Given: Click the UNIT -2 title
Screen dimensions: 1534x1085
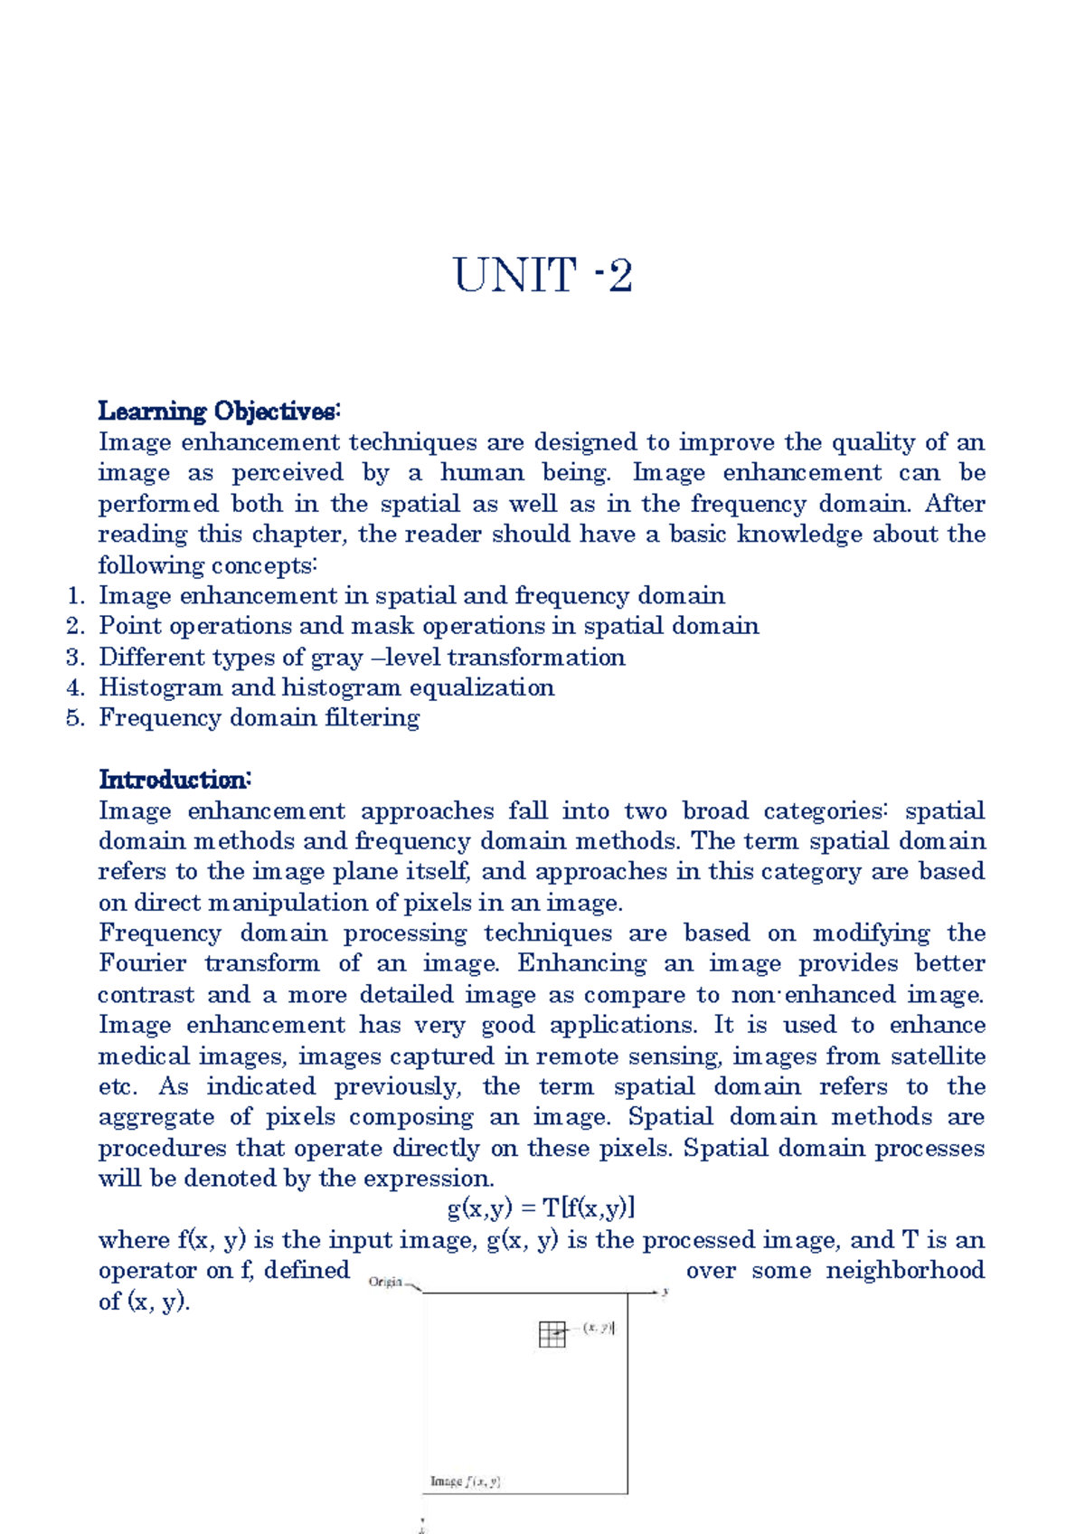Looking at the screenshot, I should (x=542, y=275).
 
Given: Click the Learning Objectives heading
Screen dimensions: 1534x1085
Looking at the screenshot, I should (x=219, y=412).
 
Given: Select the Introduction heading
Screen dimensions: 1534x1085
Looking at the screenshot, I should (x=175, y=780).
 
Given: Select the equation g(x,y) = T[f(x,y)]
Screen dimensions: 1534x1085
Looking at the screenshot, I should (x=541, y=1208).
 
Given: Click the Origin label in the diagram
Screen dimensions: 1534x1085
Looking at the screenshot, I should (x=386, y=1282).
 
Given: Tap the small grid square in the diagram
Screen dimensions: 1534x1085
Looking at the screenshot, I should (x=552, y=1334).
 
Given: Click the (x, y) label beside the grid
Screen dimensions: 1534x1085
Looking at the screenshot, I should (x=599, y=1328).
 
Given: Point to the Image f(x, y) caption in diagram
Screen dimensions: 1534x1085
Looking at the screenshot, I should (x=466, y=1482).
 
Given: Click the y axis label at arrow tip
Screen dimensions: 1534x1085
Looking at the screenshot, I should (x=665, y=1292).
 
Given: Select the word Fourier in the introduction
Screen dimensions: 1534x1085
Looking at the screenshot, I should (x=143, y=964).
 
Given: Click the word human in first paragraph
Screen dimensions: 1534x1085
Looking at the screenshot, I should (x=482, y=473).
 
